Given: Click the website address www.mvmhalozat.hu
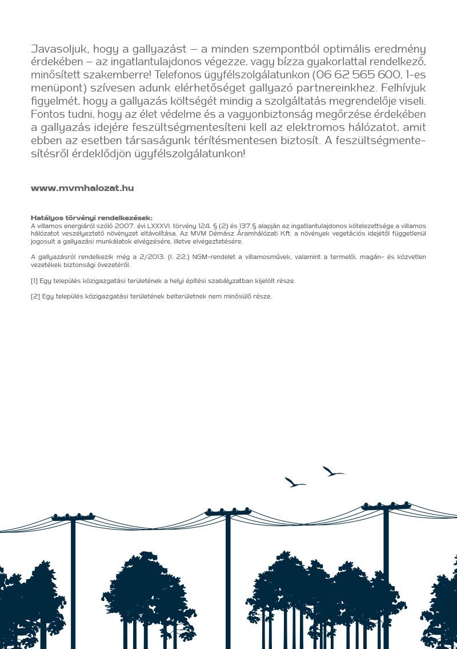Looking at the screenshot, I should click(x=82, y=188).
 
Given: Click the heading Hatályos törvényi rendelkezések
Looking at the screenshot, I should click(x=91, y=218).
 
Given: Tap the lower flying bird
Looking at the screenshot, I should click(x=295, y=483).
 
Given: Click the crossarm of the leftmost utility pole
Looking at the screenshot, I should click(x=73, y=518).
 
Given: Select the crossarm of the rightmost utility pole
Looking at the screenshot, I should click(x=386, y=507).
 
